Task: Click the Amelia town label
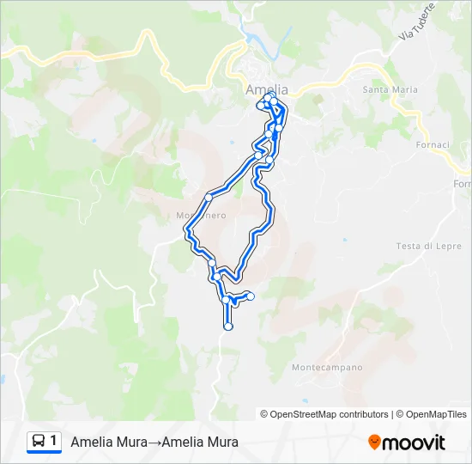tap(267, 89)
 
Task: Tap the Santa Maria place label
tap(390, 89)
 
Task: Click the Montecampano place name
tap(327, 368)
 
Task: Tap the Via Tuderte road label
tap(417, 21)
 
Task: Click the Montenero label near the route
tap(201, 216)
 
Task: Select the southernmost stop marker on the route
tap(227, 327)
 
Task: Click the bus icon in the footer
tap(38, 442)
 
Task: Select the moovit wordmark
tap(414, 443)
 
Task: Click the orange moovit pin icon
tap(374, 443)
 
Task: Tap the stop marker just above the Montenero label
tap(208, 198)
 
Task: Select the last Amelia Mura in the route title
tap(200, 443)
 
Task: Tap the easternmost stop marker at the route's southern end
tap(251, 296)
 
